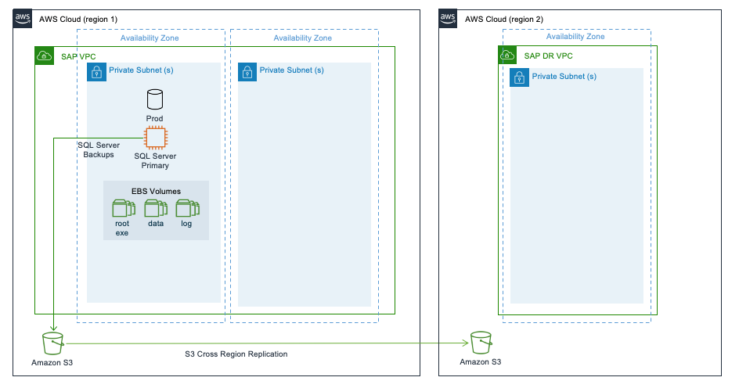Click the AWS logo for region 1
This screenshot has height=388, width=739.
(22, 18)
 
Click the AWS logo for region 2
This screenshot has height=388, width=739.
(448, 18)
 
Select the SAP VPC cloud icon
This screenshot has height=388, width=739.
(45, 56)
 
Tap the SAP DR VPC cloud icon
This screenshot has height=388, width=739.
(507, 56)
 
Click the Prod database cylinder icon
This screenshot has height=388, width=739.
(155, 99)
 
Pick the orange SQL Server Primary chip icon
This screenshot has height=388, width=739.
(155, 138)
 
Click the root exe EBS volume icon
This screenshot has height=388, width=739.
(122, 208)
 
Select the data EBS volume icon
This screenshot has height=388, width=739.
(155, 208)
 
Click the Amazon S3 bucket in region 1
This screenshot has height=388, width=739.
(52, 343)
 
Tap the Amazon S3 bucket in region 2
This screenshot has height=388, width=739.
(480, 343)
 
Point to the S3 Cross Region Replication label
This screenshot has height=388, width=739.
(236, 354)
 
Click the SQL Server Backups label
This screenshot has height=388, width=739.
(99, 149)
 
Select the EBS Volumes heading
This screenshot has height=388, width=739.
(156, 191)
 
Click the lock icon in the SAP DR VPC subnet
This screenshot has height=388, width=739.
(518, 77)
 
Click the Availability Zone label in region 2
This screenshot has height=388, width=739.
(575, 37)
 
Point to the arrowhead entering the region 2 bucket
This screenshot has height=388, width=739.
(467, 343)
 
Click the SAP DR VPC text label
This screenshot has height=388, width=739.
(548, 56)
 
